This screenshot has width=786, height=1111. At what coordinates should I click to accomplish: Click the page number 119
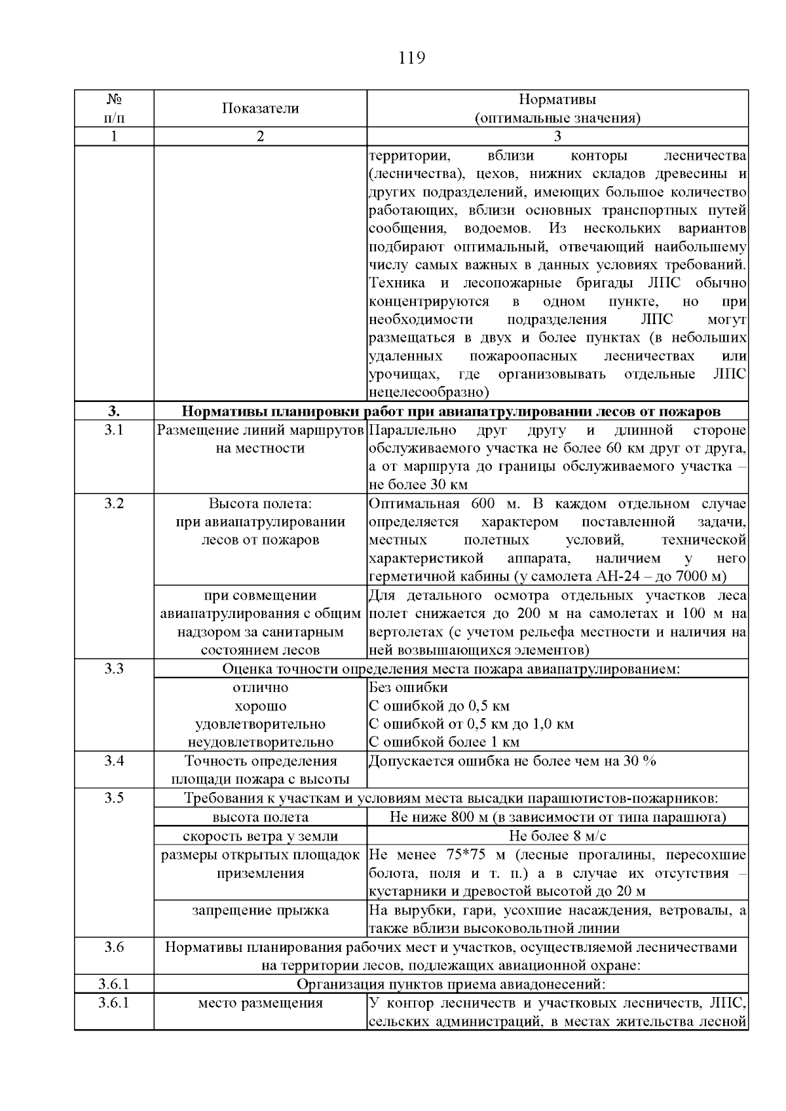[412, 58]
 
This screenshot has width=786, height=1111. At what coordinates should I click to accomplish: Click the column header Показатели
[260, 109]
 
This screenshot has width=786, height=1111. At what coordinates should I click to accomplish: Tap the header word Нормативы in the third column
[557, 100]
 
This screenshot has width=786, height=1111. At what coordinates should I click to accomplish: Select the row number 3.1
[114, 430]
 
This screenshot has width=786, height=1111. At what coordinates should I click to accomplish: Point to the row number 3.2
[114, 503]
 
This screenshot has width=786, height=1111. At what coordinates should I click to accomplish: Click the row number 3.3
[114, 668]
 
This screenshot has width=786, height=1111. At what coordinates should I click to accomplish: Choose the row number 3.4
[114, 760]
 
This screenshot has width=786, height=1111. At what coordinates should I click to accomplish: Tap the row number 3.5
[114, 797]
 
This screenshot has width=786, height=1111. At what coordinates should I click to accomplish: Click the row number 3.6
[114, 947]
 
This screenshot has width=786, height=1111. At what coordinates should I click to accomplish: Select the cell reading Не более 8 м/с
[557, 836]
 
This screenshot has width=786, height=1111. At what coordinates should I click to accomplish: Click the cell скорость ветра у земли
[260, 836]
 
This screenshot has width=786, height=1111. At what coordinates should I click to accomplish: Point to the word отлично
[260, 687]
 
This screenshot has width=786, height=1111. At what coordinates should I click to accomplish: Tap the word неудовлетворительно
[260, 742]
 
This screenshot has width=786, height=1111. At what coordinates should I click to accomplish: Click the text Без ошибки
[409, 687]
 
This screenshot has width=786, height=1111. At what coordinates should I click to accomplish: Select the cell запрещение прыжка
[260, 910]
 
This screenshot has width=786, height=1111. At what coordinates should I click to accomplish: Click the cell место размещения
[260, 1003]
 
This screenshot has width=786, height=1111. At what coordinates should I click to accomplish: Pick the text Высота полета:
[260, 504]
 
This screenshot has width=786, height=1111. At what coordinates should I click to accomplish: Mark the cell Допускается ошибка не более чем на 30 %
[513, 761]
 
